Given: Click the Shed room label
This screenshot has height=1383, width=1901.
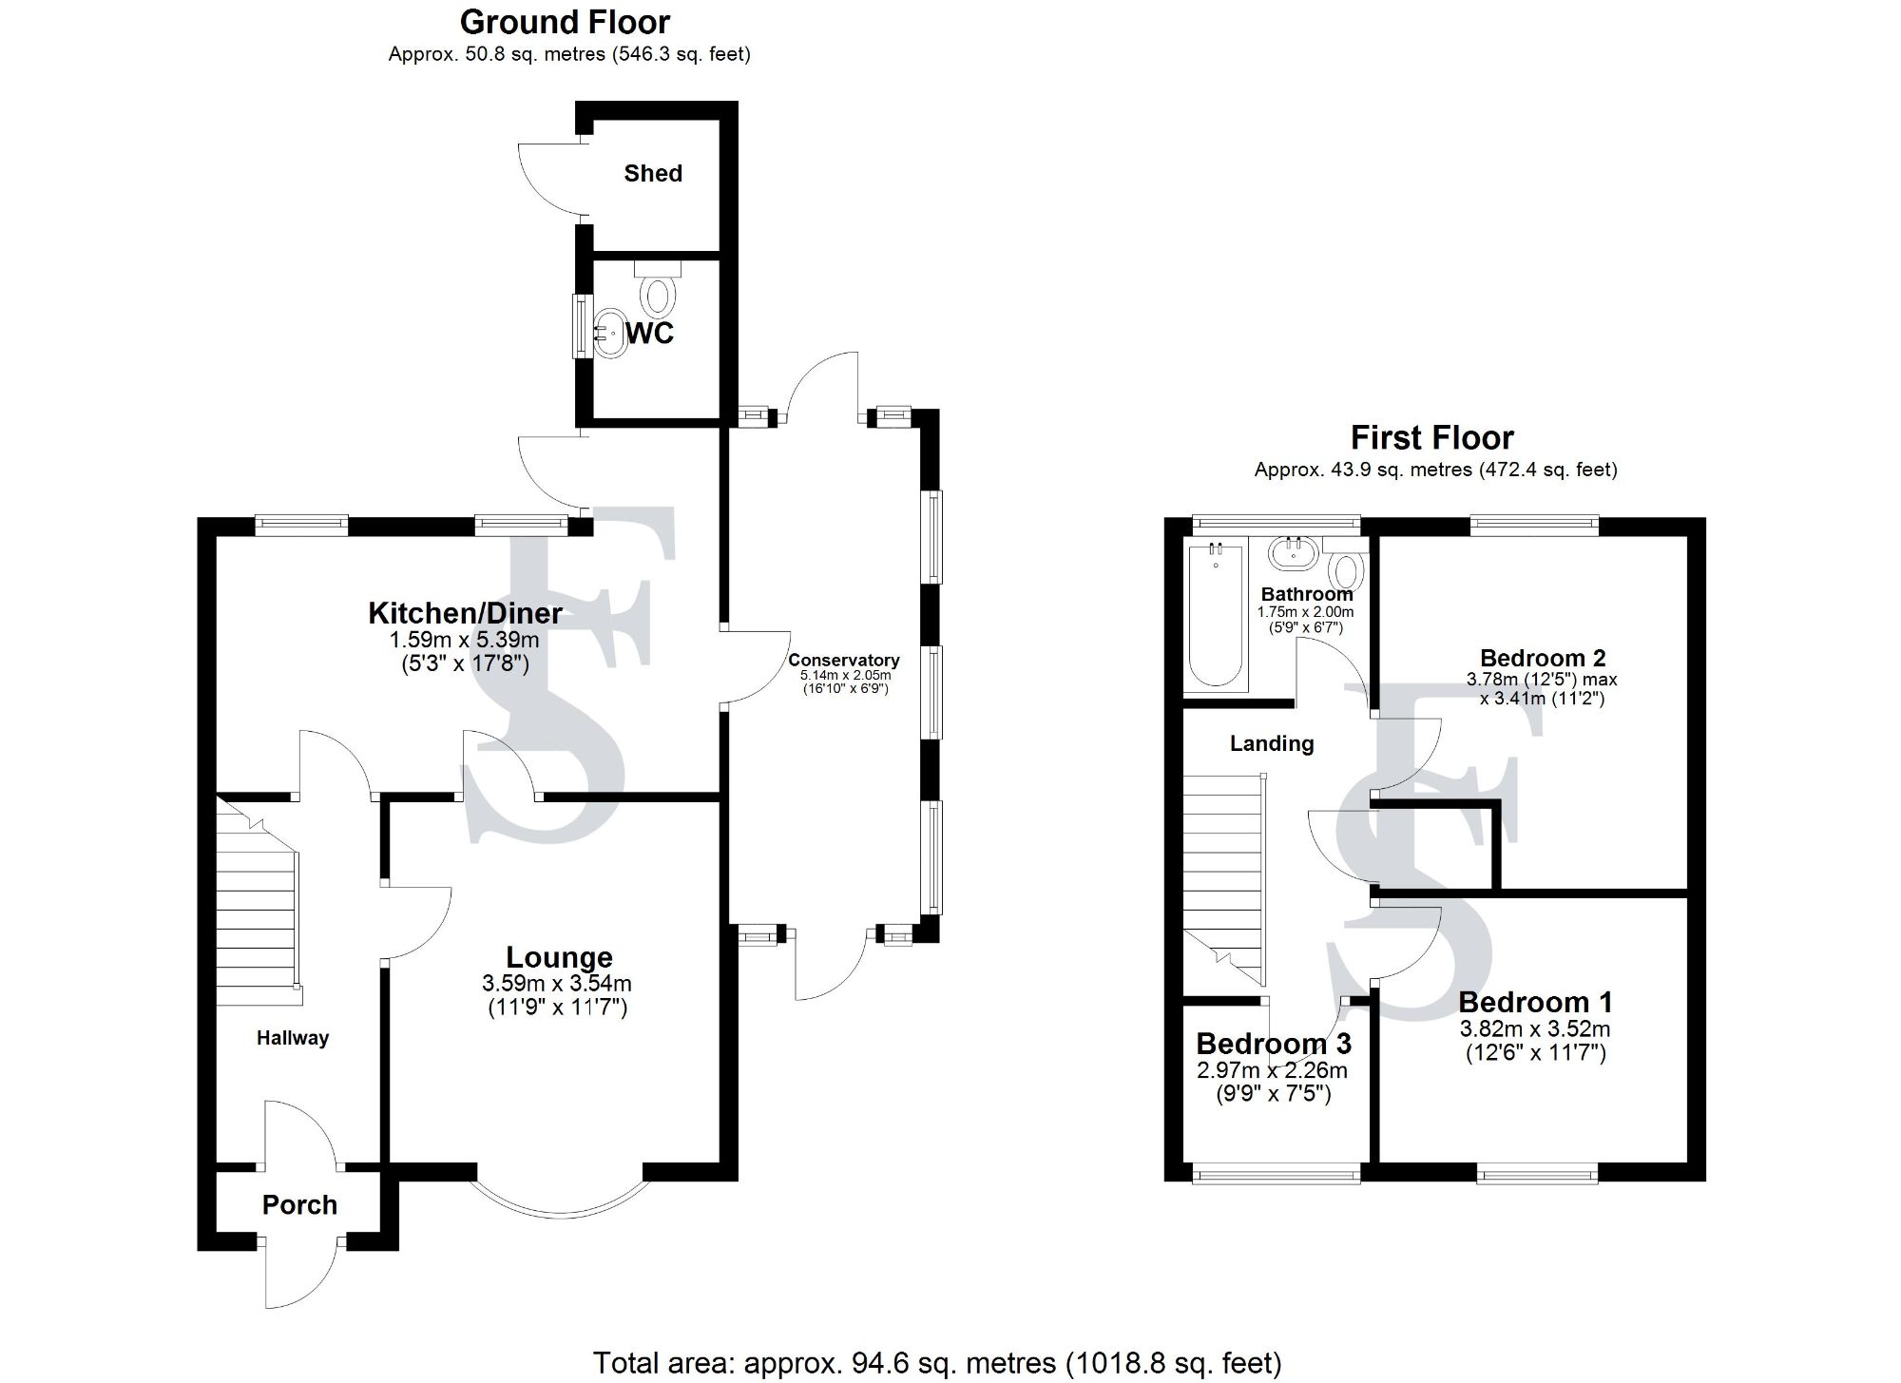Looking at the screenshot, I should [653, 173].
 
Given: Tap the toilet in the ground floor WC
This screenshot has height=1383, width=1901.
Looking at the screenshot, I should [658, 291].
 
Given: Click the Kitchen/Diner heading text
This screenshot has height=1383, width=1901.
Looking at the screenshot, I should [465, 613].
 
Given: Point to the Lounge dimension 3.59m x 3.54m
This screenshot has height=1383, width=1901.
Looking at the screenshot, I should [557, 984].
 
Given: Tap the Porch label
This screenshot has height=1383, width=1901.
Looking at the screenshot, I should [299, 1205].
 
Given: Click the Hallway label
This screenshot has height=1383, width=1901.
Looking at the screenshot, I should [293, 1038].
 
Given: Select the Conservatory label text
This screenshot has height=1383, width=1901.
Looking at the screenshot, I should [843, 660].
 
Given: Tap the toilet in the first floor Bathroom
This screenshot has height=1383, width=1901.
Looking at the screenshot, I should [1346, 572].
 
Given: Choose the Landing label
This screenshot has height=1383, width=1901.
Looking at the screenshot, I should [1272, 743].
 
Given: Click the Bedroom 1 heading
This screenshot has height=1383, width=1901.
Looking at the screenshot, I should [1535, 1002].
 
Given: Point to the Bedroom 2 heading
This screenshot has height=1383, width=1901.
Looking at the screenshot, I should [1543, 658].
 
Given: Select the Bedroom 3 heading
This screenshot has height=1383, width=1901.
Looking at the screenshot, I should [1274, 1044].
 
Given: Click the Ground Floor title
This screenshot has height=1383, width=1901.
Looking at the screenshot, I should [565, 22].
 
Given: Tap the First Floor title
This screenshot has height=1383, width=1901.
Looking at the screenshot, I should [1431, 438].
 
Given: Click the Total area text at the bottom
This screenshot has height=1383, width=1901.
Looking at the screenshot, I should [937, 1363].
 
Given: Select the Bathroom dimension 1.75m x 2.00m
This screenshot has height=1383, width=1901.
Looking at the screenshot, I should [1305, 612].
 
